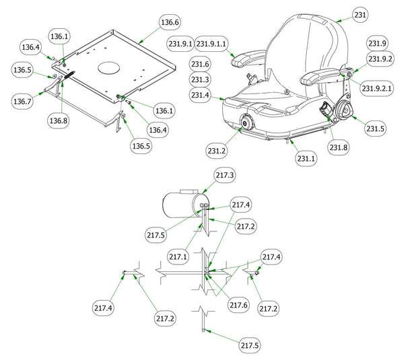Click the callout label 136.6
[x=169, y=22]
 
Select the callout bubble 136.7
[x=22, y=101]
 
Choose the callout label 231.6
[x=200, y=64]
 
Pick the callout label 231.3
[x=200, y=79]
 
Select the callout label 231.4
[x=200, y=96]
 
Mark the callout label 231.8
[x=339, y=147]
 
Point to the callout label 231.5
[x=375, y=128]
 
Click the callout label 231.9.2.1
[x=378, y=88]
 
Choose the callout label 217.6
[x=238, y=305]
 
